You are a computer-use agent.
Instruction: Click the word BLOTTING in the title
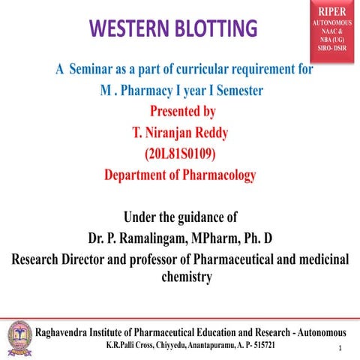[x=217, y=30]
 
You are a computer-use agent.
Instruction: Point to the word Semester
[x=235, y=91]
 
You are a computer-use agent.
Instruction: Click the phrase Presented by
[x=183, y=112]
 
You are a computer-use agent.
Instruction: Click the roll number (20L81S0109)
[x=183, y=154]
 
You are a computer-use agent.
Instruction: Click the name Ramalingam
[x=157, y=239]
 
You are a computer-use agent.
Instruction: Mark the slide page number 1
[x=340, y=349]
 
